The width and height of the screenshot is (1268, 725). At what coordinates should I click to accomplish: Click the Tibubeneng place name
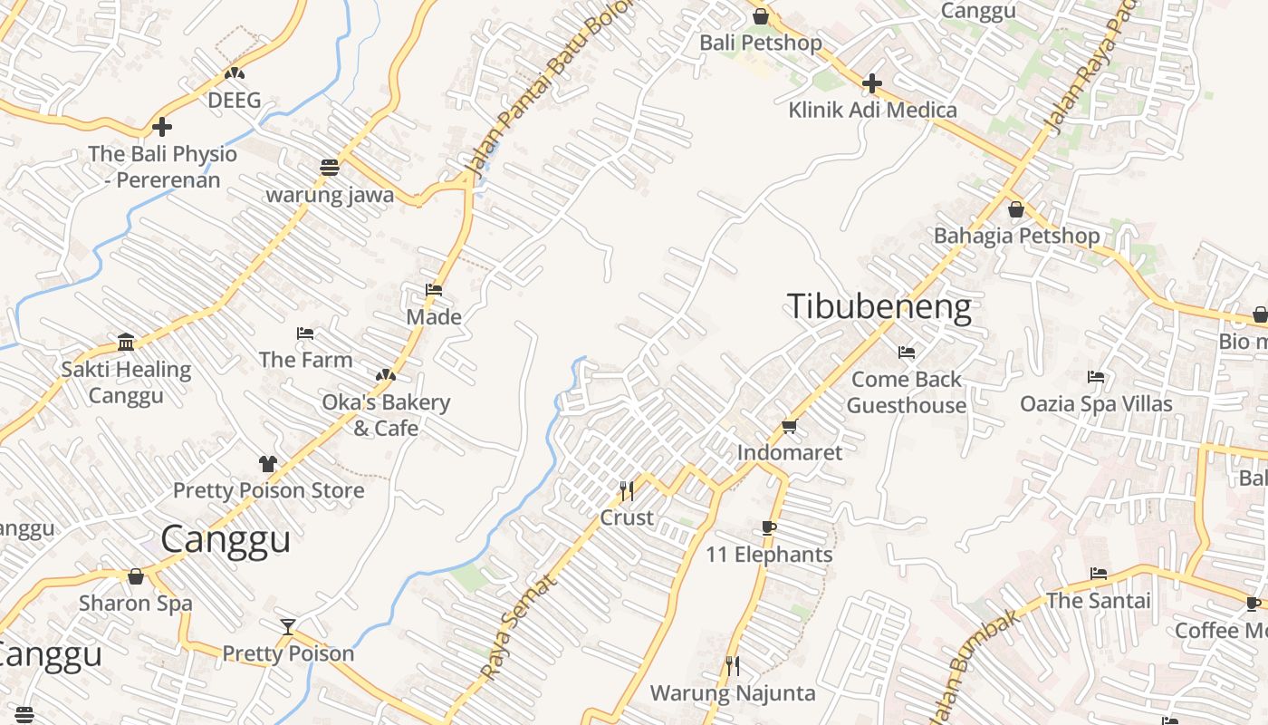click(879, 307)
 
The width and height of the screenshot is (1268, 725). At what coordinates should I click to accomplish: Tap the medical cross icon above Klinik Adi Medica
click(871, 84)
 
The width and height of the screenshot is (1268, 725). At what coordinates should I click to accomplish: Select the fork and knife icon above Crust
click(626, 491)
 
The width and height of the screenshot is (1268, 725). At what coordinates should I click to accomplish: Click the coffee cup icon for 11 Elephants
click(768, 527)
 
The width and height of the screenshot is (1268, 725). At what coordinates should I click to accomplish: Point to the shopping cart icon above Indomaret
click(789, 426)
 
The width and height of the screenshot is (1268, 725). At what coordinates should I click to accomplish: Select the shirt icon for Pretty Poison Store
click(267, 464)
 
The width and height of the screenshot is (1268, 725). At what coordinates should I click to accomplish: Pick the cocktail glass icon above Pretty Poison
click(288, 627)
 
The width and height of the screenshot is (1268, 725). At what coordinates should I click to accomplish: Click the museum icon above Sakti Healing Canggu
click(126, 343)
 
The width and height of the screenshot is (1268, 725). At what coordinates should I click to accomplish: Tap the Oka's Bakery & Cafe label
click(386, 415)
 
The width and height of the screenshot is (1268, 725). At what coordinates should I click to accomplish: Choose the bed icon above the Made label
click(434, 290)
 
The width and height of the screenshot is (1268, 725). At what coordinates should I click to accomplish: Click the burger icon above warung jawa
click(329, 168)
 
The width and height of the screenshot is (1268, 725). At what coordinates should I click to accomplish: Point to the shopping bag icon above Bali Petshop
click(761, 16)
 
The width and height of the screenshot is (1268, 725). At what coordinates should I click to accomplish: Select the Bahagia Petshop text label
click(1016, 237)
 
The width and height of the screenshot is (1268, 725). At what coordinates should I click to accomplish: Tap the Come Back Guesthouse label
click(907, 391)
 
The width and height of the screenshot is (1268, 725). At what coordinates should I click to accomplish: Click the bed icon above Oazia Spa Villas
click(1096, 377)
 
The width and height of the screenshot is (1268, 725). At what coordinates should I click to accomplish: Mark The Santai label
click(1098, 601)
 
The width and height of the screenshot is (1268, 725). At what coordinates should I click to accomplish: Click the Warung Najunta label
click(733, 694)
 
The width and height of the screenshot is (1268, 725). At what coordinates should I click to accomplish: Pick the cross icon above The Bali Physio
click(162, 127)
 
